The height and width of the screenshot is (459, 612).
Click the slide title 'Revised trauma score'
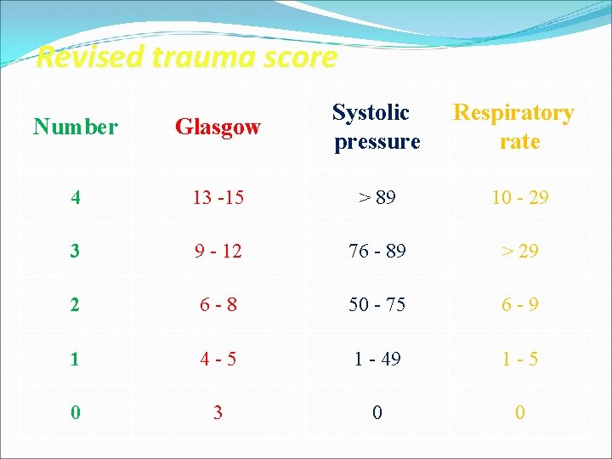pos(187,58)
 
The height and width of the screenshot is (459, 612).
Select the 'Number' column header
pos(76,127)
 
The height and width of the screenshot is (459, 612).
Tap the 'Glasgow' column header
pos(218,127)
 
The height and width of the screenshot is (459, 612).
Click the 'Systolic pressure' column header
pos(377,127)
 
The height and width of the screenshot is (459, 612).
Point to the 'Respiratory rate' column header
pos(514,127)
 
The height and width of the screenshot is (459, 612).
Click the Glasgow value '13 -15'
pos(218,198)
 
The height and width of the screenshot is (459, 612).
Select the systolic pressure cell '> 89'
pos(377,198)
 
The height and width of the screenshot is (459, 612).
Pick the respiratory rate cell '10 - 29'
pos(519,198)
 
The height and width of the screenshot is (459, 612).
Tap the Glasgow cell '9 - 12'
pos(218,252)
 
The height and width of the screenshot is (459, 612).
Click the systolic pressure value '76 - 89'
pos(377,252)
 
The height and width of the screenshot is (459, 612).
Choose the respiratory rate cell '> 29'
pos(519,252)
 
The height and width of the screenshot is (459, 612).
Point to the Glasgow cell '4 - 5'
pos(218,360)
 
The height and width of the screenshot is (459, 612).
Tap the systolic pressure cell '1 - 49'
pos(377,360)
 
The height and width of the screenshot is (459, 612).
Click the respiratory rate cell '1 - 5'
pos(519,360)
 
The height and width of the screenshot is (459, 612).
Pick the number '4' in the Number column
pos(76,198)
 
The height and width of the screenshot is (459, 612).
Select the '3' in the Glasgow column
pos(218,413)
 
